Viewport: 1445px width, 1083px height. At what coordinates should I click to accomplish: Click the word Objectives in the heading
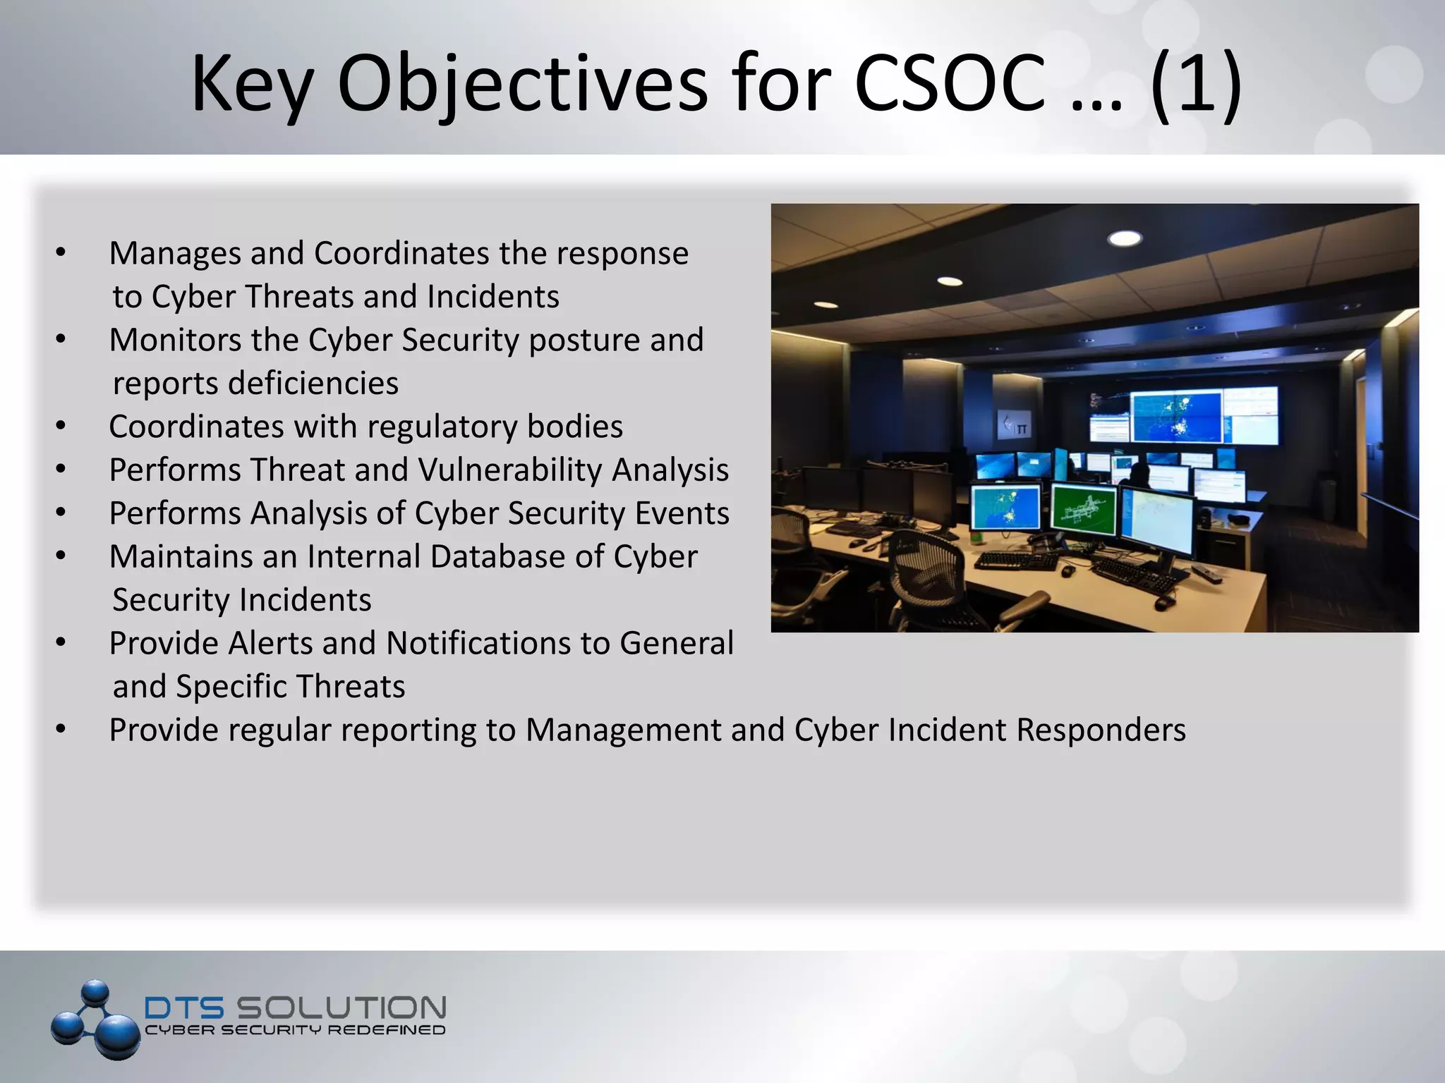coord(522,85)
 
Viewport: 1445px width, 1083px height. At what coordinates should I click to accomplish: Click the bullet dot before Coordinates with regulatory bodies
coord(61,426)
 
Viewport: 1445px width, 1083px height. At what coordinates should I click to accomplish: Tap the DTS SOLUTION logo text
coord(295,1007)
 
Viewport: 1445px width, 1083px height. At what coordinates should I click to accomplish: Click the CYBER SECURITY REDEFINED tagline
coord(295,1030)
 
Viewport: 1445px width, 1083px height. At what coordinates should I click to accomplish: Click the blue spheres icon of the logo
coord(95,1019)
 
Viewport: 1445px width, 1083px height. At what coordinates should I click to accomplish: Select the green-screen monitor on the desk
coord(1083,509)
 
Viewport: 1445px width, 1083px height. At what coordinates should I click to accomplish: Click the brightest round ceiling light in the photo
coord(1125,238)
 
